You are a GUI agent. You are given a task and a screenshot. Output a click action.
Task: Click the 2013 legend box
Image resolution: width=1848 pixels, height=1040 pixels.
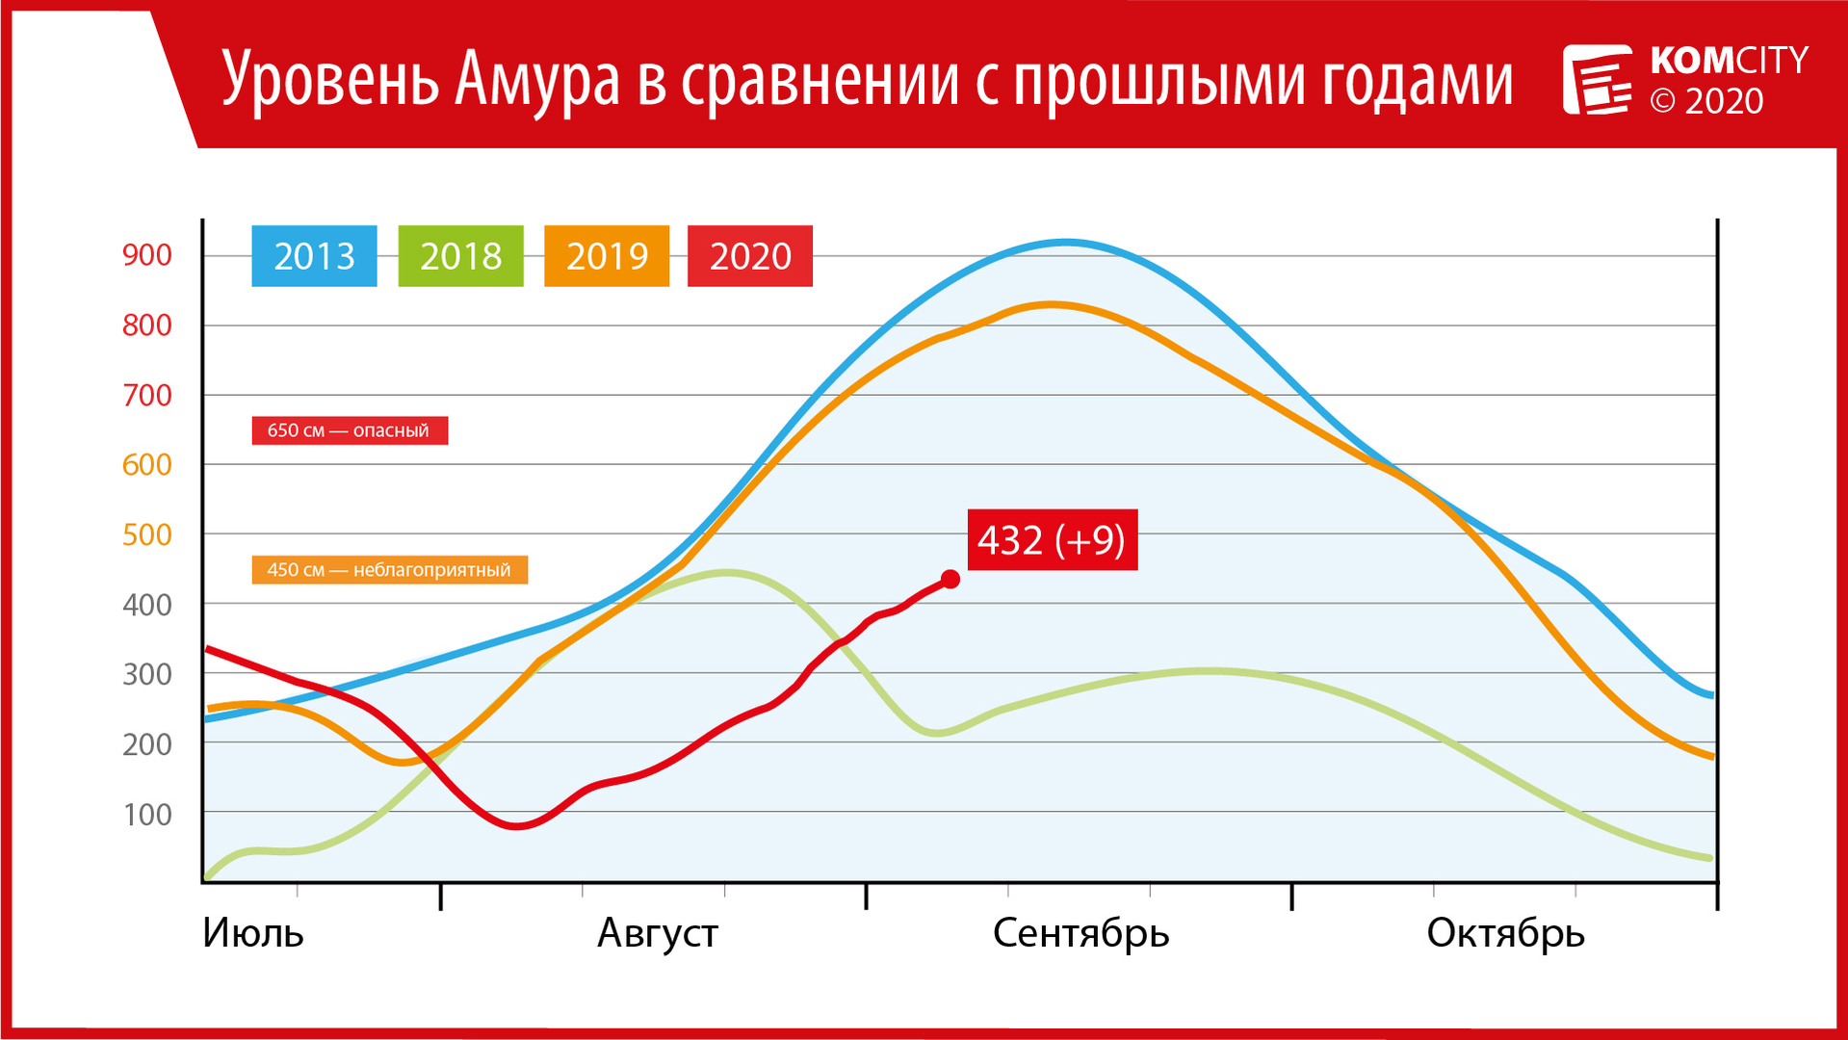coord(314,256)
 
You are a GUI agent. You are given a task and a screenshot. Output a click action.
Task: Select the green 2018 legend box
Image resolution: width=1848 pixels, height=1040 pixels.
coord(460,256)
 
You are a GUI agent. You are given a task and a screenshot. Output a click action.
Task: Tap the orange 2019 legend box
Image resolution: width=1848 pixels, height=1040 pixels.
coord(607,256)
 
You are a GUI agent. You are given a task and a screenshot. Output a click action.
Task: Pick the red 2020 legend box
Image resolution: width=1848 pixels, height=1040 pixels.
coord(750,256)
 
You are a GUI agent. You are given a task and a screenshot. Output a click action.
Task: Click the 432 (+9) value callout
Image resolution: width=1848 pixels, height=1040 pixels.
coord(1053,539)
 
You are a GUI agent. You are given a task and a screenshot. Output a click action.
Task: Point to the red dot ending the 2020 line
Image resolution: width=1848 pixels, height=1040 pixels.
coord(950,579)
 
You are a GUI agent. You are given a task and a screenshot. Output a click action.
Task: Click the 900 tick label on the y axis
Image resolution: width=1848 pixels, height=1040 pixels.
coord(147,255)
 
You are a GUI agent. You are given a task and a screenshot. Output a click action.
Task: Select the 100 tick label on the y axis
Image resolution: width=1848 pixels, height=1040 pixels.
coord(147,815)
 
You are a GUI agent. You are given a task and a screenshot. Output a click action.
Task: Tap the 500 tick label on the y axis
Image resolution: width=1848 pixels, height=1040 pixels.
coord(147,534)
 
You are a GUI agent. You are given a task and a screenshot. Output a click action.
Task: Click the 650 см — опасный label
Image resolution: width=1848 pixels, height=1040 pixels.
coord(350,430)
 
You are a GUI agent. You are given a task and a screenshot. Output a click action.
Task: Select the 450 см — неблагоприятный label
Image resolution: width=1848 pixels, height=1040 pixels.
coord(389,570)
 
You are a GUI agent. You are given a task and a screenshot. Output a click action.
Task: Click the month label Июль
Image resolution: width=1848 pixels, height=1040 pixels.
coord(253,933)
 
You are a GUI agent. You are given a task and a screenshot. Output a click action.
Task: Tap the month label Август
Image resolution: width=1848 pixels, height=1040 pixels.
coord(658,933)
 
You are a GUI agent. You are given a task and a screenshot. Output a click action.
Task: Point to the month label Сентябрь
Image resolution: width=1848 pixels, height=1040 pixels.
coord(1081,933)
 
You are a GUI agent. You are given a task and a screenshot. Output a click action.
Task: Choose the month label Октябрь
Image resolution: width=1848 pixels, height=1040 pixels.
coord(1506,933)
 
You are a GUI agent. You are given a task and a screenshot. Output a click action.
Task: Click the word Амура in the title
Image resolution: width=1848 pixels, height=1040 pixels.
coord(537,79)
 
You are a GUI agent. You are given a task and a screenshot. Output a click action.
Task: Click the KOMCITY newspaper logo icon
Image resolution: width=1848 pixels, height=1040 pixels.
coord(1597,79)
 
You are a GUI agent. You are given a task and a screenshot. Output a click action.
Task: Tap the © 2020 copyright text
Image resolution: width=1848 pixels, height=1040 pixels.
coord(1706,101)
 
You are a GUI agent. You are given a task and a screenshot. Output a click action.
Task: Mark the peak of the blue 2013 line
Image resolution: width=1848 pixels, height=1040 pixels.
coord(1066,242)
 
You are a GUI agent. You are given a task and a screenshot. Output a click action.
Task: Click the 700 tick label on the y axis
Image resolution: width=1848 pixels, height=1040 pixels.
coord(147,395)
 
